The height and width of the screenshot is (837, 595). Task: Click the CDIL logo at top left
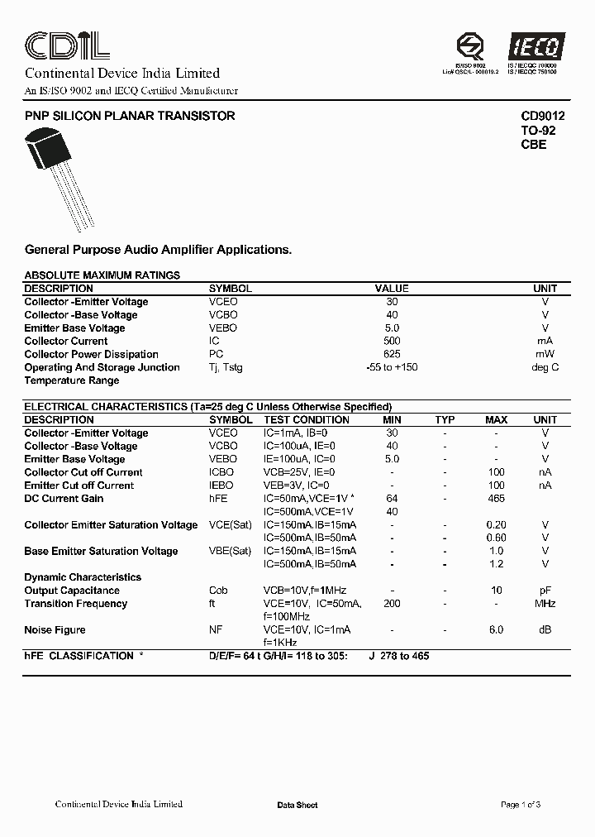pos(66,45)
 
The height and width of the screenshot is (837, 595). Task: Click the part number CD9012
pos(542,117)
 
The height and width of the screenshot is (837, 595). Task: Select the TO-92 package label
pos(537,131)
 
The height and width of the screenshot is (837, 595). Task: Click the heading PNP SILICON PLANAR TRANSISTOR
pos(130,117)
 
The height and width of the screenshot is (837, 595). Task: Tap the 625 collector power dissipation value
pos(392,354)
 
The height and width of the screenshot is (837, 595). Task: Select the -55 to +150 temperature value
pos(392,367)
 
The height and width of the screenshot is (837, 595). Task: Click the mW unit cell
pos(545,354)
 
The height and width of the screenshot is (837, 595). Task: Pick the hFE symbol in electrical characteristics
pos(219,499)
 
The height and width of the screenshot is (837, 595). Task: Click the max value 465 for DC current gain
pos(496,499)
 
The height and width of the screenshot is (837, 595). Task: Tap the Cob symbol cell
pos(218,591)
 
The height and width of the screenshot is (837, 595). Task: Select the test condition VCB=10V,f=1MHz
pos(305,591)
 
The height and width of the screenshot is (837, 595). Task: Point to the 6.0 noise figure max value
pos(496,630)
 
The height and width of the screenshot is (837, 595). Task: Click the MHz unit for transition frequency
pos(545,604)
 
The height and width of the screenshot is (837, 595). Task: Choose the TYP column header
pos(445,420)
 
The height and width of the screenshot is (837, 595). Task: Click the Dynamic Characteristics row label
pos(83,577)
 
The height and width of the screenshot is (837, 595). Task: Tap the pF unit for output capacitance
pos(545,591)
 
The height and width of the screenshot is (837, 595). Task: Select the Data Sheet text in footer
pos(297,805)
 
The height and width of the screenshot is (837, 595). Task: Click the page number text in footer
pos(521,805)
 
